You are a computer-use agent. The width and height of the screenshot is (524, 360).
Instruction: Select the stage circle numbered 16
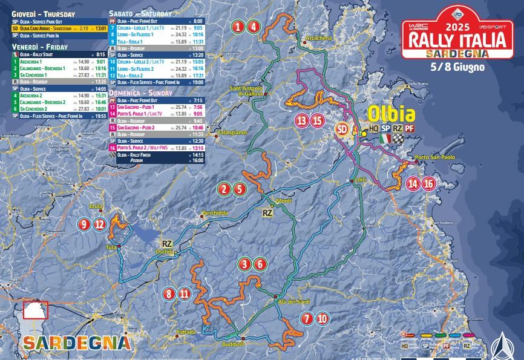click(x=428, y=183)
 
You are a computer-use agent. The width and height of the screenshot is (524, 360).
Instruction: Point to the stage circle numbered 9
click(x=84, y=224)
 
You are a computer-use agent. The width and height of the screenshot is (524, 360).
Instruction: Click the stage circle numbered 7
click(x=307, y=318)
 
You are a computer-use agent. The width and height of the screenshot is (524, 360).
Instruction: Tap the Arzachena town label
click(x=320, y=38)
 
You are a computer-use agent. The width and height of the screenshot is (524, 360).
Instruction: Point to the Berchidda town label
click(x=215, y=213)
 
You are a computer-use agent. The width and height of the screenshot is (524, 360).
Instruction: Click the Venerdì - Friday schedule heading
click(x=39, y=46)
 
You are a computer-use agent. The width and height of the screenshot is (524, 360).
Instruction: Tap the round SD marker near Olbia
click(x=342, y=128)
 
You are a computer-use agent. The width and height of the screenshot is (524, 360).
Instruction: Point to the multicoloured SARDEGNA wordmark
click(x=76, y=342)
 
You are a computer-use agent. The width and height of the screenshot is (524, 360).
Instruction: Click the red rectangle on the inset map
click(x=34, y=309)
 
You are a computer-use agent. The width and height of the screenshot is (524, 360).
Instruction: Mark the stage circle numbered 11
click(x=184, y=294)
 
